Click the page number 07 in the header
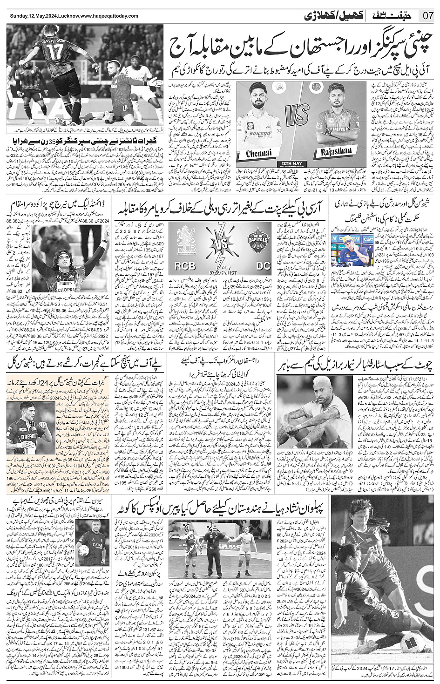428,16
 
